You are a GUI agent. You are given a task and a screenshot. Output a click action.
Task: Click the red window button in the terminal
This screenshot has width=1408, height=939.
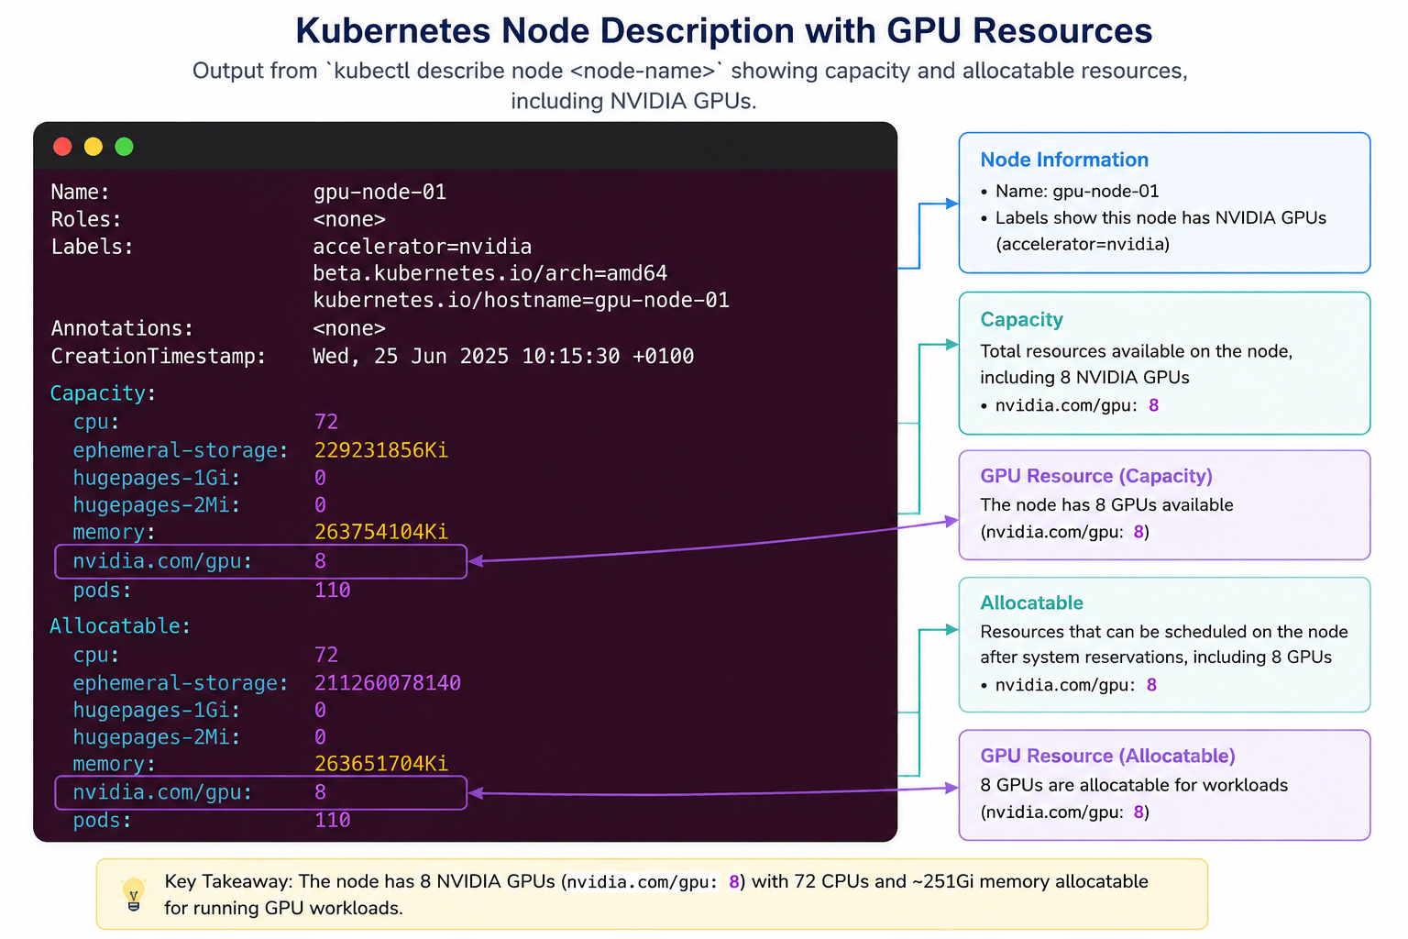point(62,147)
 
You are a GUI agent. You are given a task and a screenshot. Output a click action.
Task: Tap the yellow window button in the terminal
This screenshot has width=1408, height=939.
point(93,147)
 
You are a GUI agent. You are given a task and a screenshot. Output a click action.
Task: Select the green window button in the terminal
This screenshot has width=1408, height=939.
point(124,147)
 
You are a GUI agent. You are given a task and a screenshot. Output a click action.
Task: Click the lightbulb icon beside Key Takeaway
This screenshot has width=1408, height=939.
point(133,894)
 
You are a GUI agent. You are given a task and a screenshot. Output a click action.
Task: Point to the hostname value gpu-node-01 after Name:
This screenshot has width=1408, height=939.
point(379,192)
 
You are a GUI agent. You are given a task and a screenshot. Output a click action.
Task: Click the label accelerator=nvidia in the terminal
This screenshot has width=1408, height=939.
point(423,247)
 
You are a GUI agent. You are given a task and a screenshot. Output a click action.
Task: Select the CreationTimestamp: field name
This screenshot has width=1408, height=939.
point(158,356)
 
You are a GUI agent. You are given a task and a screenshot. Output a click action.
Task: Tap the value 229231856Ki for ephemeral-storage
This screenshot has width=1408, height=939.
point(381,450)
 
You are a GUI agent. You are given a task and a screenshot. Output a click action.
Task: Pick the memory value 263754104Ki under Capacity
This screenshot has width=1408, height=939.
point(381,532)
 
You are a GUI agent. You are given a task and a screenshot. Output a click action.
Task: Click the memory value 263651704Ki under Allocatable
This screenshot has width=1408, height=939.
point(381,764)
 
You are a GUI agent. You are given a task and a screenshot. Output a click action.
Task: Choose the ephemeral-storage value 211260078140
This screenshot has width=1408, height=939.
point(387,683)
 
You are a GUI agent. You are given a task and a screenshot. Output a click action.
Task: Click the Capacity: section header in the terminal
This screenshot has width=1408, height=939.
point(103,393)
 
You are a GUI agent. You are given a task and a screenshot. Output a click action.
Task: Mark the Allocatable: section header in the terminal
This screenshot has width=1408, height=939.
point(120,625)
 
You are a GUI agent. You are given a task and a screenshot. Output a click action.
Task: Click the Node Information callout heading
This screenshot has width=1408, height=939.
point(1064,160)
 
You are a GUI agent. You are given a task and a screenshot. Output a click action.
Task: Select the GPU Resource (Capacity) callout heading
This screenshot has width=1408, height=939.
point(1096,476)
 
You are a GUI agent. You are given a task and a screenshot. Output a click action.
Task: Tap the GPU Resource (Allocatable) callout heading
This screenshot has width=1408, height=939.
point(1107,756)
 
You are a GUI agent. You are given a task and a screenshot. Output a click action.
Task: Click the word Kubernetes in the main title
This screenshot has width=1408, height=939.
point(393,30)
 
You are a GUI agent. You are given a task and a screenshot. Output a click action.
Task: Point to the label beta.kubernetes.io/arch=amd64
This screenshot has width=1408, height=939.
point(490,273)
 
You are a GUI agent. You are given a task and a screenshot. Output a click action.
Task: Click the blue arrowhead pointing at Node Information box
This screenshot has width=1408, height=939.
point(952,204)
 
